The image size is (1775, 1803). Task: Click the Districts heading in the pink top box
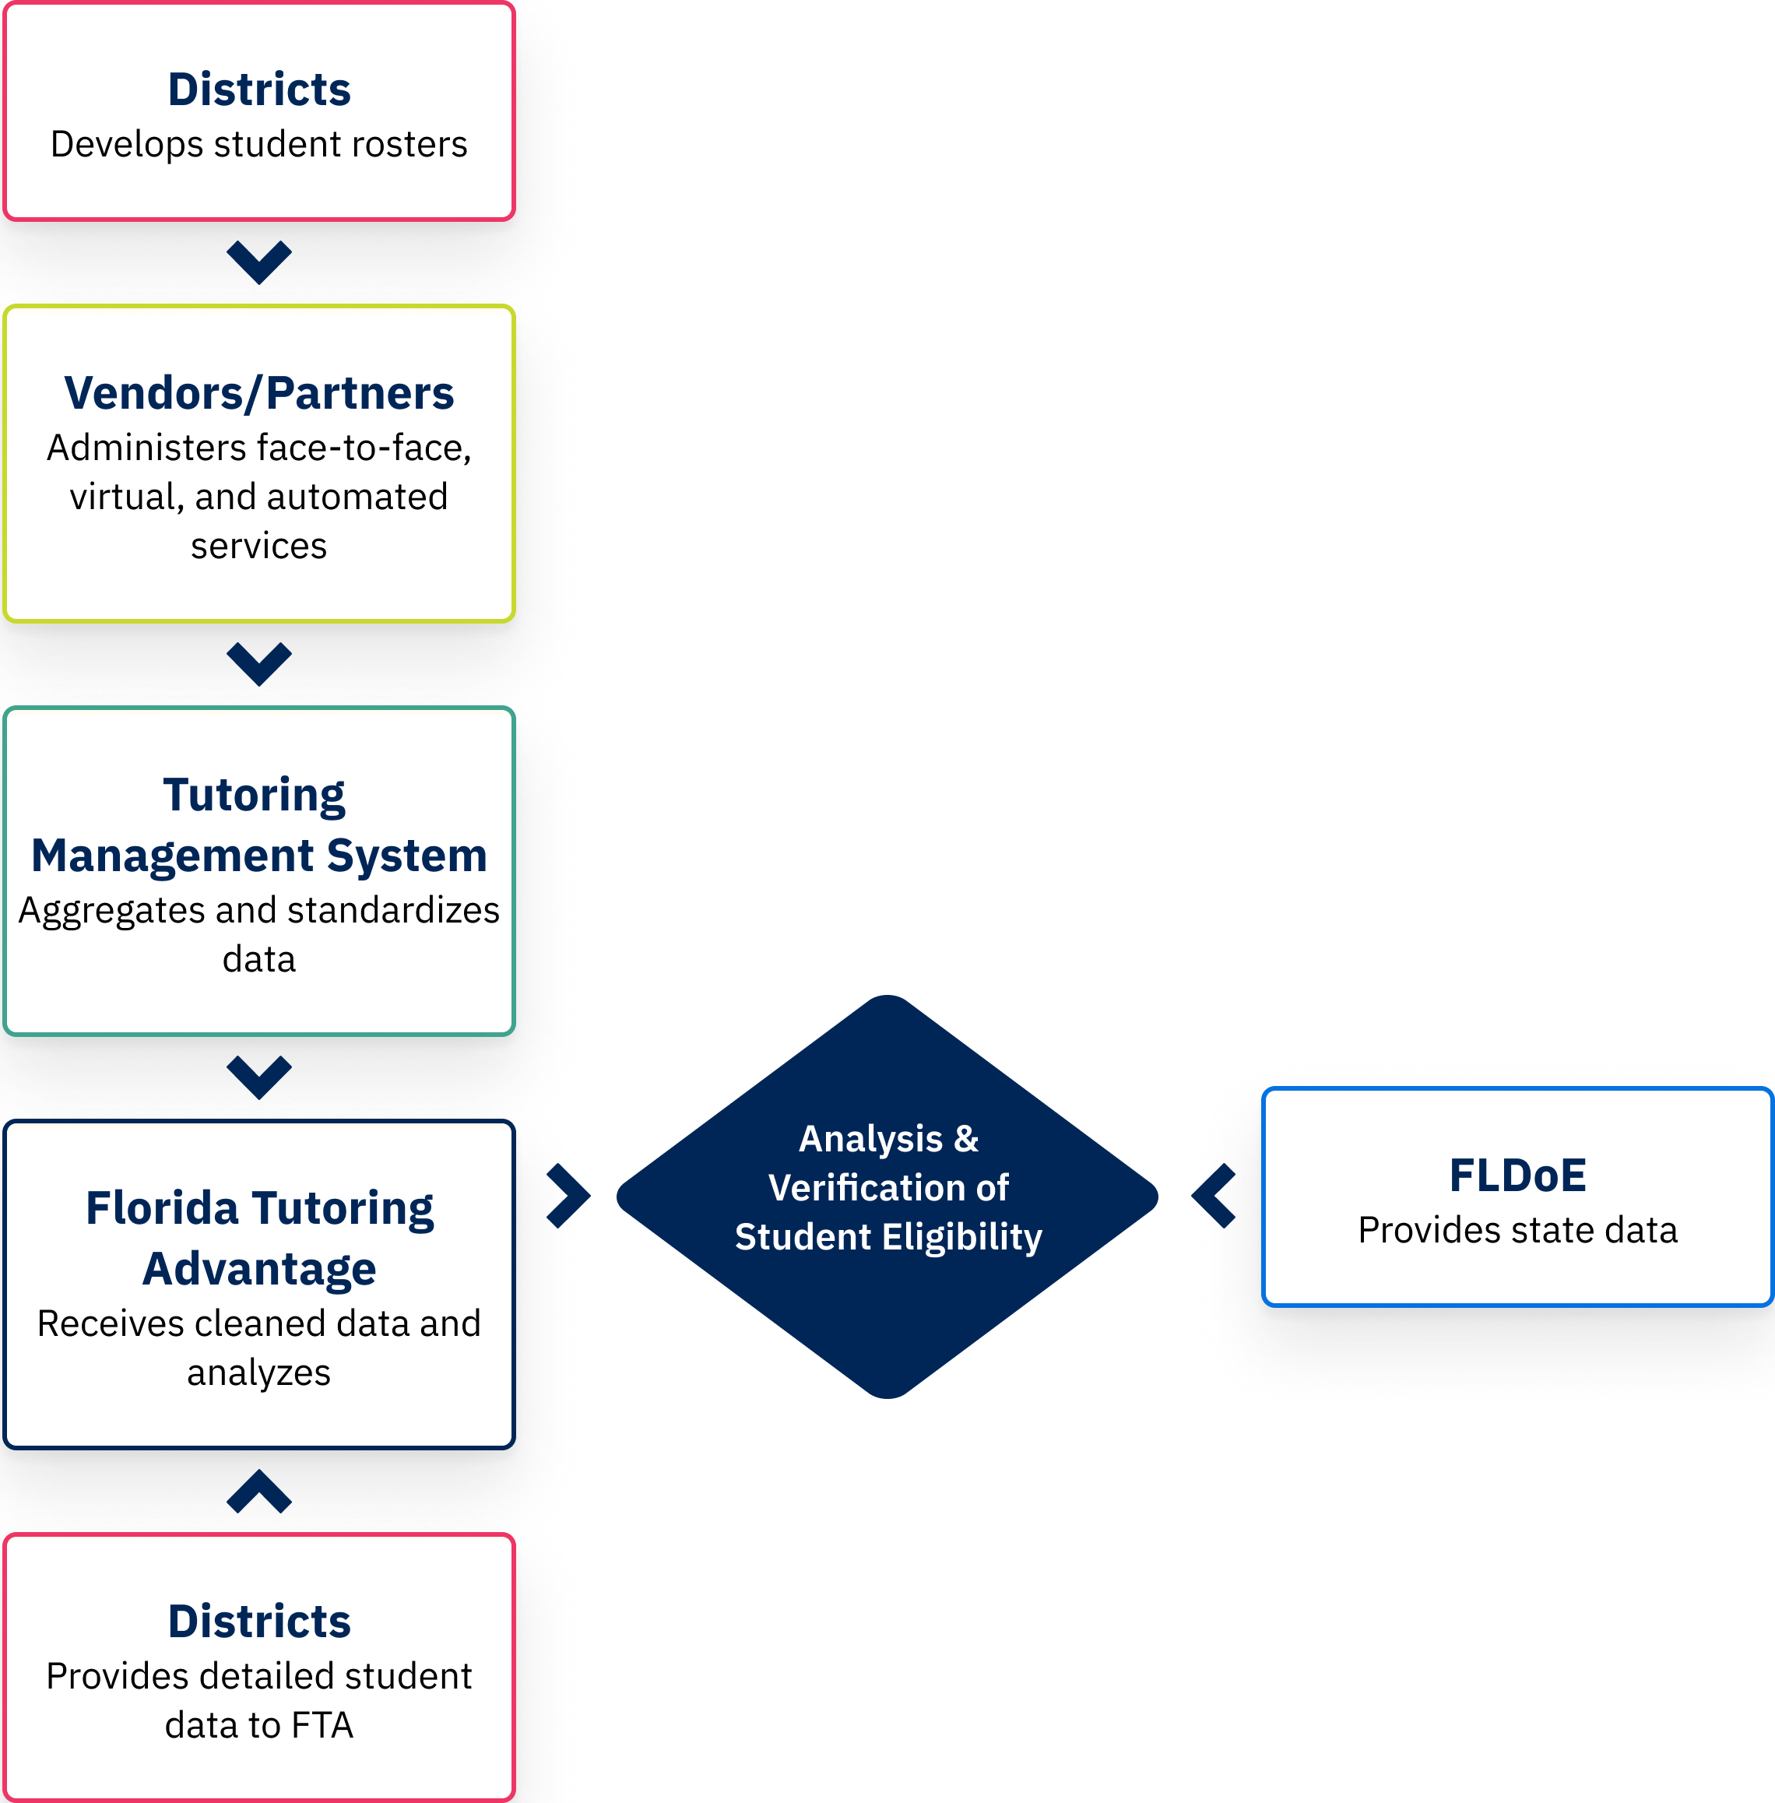[259, 90]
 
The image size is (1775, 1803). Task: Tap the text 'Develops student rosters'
[259, 145]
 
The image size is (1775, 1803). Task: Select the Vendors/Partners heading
[259, 392]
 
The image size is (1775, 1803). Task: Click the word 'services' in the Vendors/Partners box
[259, 546]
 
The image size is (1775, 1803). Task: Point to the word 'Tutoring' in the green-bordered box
[254, 795]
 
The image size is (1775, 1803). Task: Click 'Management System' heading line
[259, 856]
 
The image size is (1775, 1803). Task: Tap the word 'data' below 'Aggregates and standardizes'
[259, 958]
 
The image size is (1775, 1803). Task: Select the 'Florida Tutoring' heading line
[259, 1208]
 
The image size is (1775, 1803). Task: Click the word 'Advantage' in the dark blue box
[259, 1269]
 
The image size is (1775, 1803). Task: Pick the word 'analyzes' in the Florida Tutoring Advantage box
[259, 1372]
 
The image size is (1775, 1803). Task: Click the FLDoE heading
[1517, 1176]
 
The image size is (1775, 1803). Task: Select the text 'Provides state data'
[1517, 1231]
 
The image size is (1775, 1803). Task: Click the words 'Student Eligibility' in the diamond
[887, 1237]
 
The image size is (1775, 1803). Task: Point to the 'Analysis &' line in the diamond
[887, 1139]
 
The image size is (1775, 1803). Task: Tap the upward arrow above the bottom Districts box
[259, 1492]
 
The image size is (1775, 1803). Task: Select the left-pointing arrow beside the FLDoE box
[1214, 1195]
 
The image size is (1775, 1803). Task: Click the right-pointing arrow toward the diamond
[568, 1195]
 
